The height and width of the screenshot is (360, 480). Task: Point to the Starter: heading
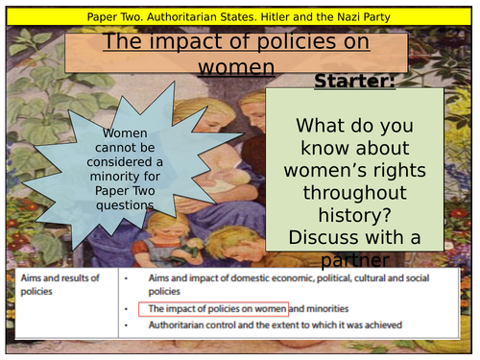(x=354, y=81)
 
